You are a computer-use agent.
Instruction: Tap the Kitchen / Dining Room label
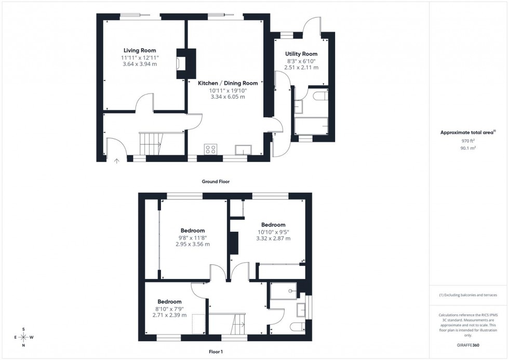point(227,83)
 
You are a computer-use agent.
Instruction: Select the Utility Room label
point(301,54)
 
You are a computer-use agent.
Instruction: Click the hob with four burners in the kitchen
point(211,150)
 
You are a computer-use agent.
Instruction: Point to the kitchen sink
point(243,150)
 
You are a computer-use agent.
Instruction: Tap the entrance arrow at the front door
point(116,161)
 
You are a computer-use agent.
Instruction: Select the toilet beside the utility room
point(318,96)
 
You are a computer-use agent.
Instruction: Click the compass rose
point(24,337)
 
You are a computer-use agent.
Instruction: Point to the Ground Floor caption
point(216,182)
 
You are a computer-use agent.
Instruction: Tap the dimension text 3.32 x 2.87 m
point(273,238)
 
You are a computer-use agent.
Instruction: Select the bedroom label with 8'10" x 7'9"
point(169,302)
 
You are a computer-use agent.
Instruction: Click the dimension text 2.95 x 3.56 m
point(192,244)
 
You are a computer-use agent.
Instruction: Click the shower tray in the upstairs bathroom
point(285,291)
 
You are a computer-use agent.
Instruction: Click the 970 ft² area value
point(468,141)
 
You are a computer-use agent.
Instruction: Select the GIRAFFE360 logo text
point(468,344)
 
